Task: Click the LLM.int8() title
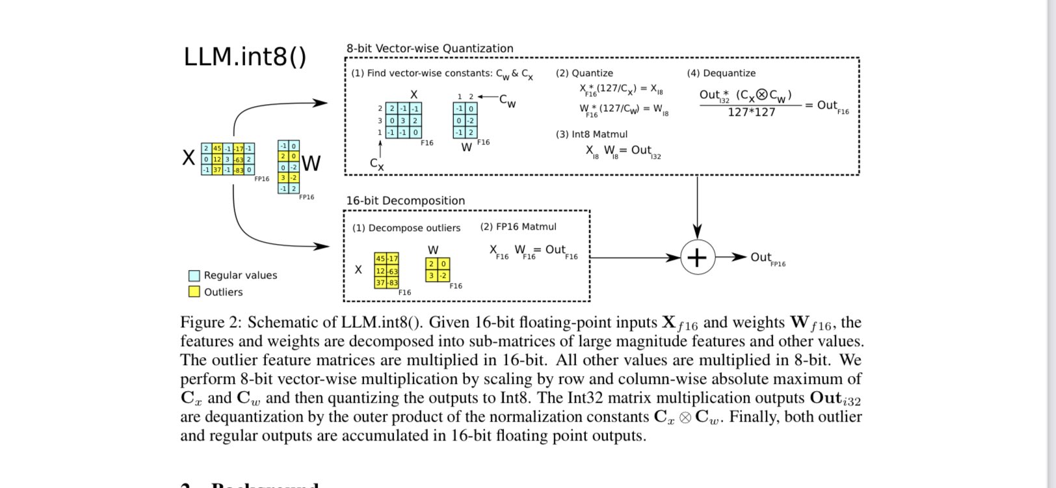(x=244, y=57)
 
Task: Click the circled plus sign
(x=697, y=258)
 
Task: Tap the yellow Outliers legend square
(x=194, y=291)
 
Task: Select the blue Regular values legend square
(x=194, y=275)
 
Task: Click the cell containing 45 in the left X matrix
(x=217, y=149)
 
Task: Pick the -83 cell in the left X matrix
(x=239, y=170)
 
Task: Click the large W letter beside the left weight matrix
(x=311, y=163)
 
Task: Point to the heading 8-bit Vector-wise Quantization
(x=429, y=48)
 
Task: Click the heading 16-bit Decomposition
(x=405, y=200)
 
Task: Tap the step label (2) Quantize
(x=584, y=73)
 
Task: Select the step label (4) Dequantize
(x=720, y=73)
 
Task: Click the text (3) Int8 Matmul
(x=591, y=134)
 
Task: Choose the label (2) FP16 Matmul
(x=518, y=226)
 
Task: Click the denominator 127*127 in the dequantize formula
(x=751, y=113)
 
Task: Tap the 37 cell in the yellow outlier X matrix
(x=380, y=282)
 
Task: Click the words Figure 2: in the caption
(x=211, y=323)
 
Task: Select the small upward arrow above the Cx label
(x=380, y=148)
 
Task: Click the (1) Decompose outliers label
(x=406, y=228)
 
